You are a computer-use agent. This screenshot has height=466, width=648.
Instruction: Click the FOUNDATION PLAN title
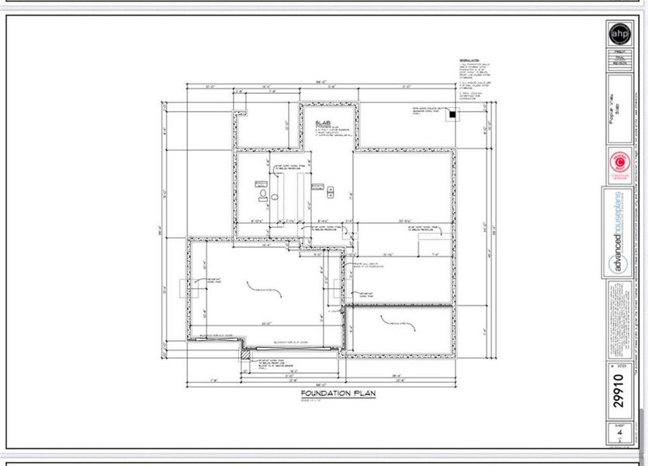[338, 395]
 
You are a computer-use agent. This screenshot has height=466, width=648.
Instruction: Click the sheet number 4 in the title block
[619, 433]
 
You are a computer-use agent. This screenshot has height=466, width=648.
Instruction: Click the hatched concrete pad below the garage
[244, 354]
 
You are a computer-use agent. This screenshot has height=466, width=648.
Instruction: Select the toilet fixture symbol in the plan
[263, 193]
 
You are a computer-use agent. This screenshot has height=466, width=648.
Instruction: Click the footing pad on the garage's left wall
[182, 289]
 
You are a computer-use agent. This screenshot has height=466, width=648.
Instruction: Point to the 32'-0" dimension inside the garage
[266, 323]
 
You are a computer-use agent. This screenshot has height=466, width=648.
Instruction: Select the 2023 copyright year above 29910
[619, 364]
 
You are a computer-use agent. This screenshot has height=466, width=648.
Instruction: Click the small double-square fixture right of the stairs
[331, 191]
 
